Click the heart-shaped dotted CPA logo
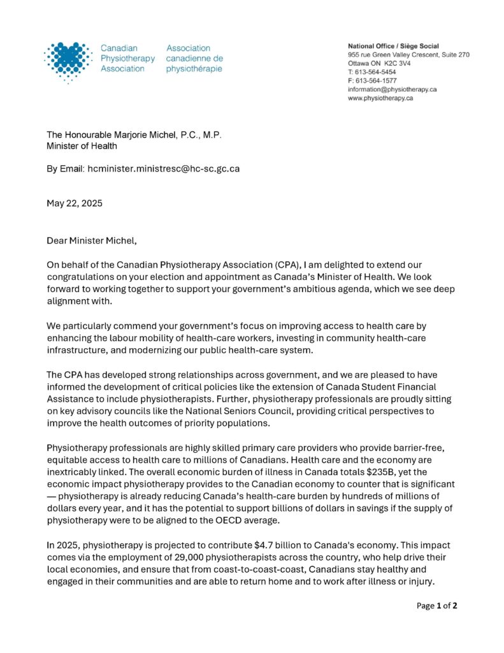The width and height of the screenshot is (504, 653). [68, 61]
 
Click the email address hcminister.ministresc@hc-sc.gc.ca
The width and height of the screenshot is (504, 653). [164, 169]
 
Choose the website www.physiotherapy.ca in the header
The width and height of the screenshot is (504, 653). [380, 98]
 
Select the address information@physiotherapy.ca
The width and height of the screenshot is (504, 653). [392, 89]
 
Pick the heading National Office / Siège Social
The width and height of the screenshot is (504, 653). [393, 46]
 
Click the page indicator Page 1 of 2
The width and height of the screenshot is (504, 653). [437, 606]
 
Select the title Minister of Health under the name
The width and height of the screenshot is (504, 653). [82, 146]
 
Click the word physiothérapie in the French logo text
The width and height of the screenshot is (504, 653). [194, 69]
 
